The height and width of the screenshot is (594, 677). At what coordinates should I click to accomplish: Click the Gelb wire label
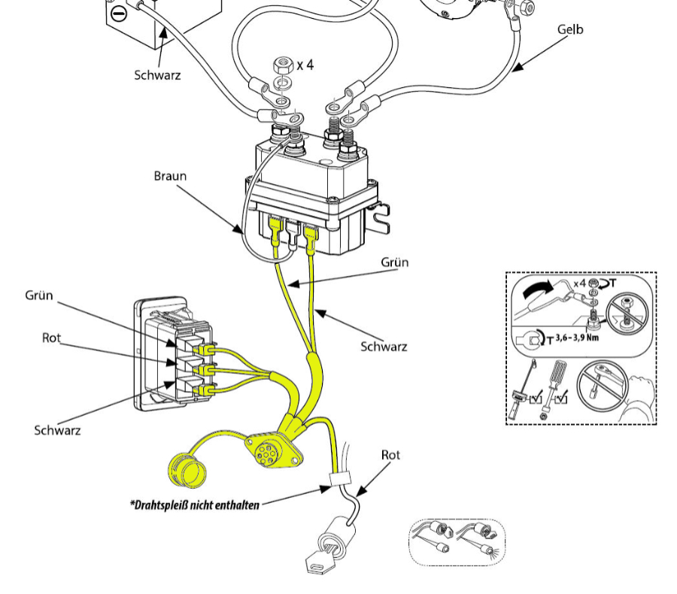coord(570,30)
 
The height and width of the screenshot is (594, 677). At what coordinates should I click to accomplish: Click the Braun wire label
coord(170,177)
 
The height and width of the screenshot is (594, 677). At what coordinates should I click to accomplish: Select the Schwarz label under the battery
coord(157,75)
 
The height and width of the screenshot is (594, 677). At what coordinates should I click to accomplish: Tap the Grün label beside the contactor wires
coord(395,262)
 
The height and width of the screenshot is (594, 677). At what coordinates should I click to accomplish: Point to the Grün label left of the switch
coord(38,295)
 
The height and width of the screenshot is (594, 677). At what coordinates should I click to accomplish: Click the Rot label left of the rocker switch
coord(51,338)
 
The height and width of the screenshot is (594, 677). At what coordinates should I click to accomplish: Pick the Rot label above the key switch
coord(391,455)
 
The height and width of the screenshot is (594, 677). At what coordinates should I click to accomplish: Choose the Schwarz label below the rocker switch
coord(57,430)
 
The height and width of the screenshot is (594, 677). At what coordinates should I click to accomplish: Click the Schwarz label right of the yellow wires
coord(384,347)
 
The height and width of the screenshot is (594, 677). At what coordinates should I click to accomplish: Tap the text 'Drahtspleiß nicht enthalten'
coord(195,505)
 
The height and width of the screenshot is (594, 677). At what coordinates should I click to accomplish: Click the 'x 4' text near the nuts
coord(305,65)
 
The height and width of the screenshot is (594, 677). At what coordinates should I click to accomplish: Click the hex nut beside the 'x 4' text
coord(283,62)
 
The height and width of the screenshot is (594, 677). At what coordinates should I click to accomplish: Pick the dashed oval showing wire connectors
coord(457,541)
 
